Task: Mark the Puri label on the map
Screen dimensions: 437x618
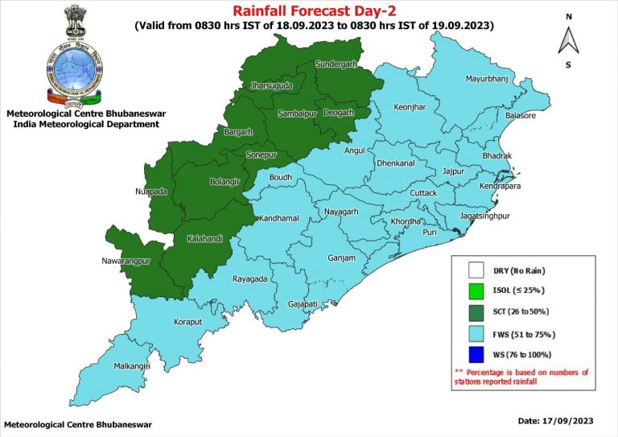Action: click(x=430, y=233)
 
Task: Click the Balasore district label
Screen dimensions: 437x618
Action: click(x=519, y=116)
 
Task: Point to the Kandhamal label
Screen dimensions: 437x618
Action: click(x=278, y=219)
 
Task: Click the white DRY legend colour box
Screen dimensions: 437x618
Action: click(x=476, y=270)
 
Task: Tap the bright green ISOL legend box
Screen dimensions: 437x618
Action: click(x=476, y=291)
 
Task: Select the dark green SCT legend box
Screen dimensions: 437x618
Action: click(x=476, y=312)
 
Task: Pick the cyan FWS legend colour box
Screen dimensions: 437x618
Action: click(x=476, y=333)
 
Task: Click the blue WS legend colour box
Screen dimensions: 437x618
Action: click(x=476, y=354)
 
